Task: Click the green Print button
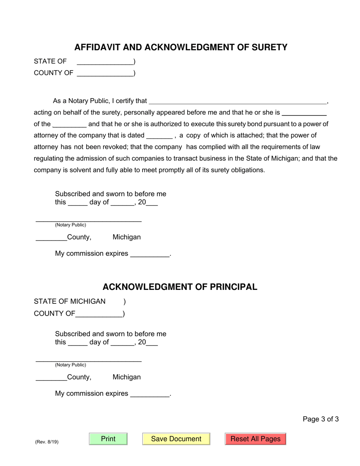pyautogui.click(x=108, y=439)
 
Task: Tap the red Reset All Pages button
pyautogui.click(x=255, y=439)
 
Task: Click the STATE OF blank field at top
pyautogui.click(x=105, y=62)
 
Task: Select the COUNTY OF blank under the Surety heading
pyautogui.click(x=105, y=73)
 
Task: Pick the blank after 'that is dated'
pyautogui.click(x=159, y=136)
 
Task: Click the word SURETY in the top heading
pyautogui.click(x=270, y=47)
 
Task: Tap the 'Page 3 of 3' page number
pyautogui.click(x=321, y=419)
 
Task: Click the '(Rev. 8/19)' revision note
pyautogui.click(x=47, y=442)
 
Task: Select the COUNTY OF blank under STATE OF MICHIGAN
pyautogui.click(x=99, y=314)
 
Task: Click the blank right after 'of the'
pyautogui.click(x=69, y=124)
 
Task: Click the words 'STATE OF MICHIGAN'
pyautogui.click(x=70, y=302)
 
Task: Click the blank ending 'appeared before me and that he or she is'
pyautogui.click(x=305, y=113)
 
